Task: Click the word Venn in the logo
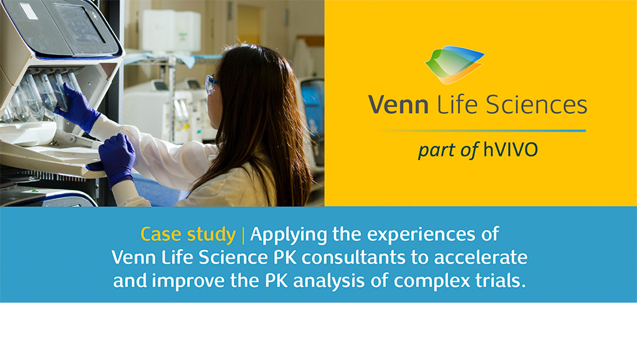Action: point(398,104)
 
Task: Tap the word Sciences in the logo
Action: point(536,104)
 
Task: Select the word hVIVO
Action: point(510,149)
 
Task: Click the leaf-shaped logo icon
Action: point(454,64)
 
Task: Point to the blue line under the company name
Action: point(482,131)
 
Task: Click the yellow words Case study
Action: point(188,235)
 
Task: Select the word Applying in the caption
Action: point(289,235)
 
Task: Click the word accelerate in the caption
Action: point(481,258)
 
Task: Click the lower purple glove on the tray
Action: point(116,159)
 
